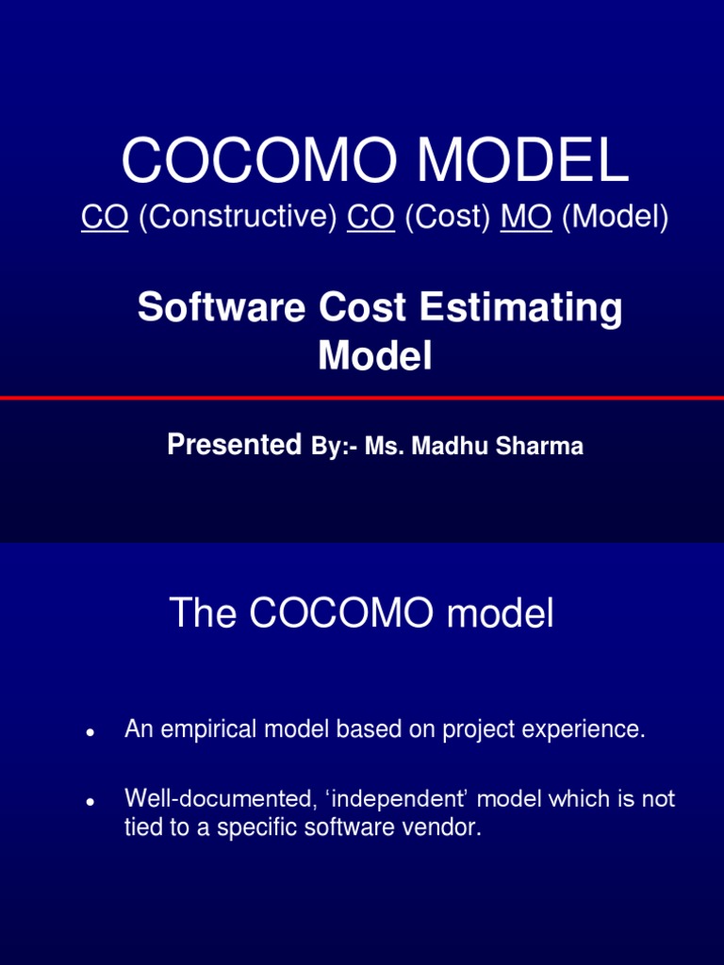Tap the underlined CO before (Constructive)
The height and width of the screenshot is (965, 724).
point(105,217)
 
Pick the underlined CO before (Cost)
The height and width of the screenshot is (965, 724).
point(370,217)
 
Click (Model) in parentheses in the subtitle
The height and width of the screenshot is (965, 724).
point(615,217)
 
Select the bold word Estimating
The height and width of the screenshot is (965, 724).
point(534,308)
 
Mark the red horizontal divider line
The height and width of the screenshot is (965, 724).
point(362,399)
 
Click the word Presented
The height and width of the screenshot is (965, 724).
point(234,446)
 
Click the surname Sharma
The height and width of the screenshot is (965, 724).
point(541,447)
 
